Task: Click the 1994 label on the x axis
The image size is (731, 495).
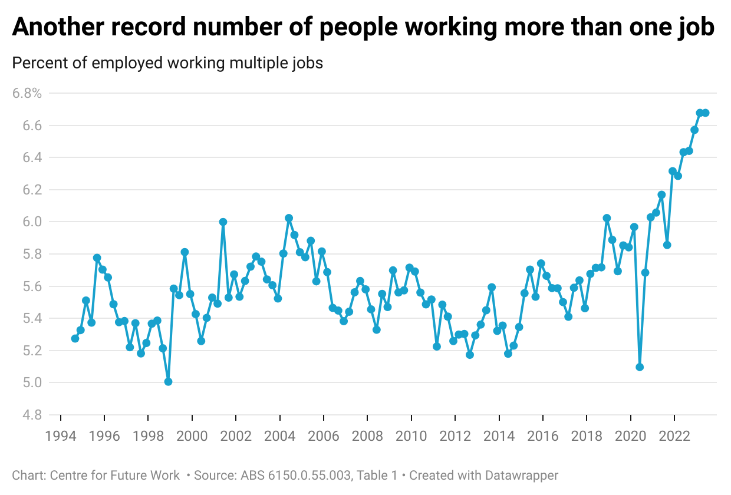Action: (61, 436)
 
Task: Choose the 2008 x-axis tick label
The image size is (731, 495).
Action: (367, 436)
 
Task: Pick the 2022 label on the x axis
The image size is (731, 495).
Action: (674, 436)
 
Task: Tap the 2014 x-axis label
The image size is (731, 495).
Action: (499, 436)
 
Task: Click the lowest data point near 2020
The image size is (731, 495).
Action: (640, 367)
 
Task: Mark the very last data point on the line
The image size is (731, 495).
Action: (705, 113)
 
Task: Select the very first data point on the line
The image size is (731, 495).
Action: (75, 338)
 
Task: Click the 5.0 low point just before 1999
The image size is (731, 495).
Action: (168, 382)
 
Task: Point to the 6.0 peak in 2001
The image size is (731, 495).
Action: (223, 222)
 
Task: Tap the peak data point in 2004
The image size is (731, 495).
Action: (289, 218)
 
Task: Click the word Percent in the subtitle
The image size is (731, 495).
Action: (35, 62)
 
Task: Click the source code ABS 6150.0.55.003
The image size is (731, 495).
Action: (292, 475)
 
